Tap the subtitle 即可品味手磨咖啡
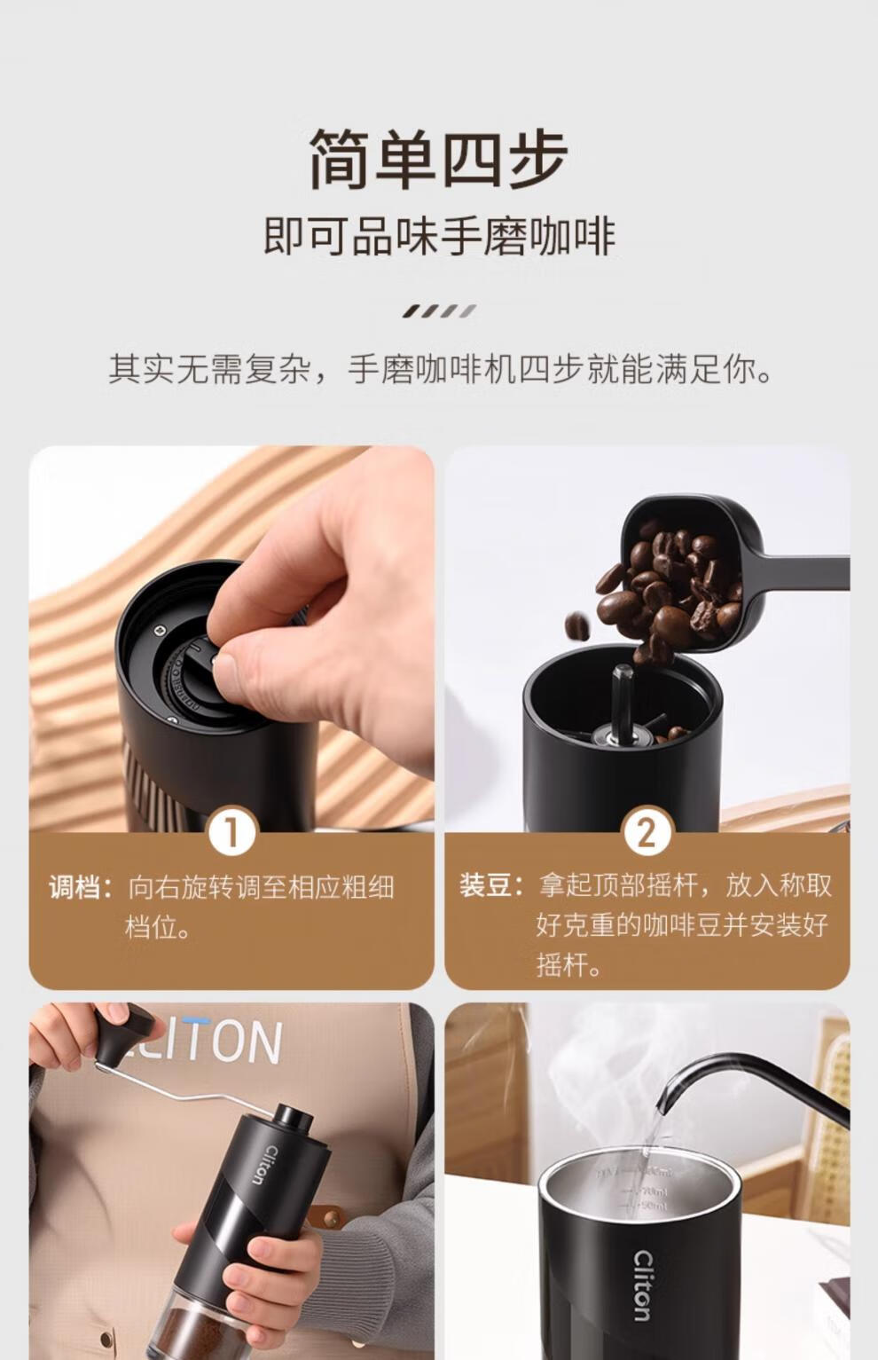click(x=439, y=238)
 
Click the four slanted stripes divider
click(x=439, y=311)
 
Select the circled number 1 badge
click(x=231, y=832)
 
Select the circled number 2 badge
click(x=647, y=832)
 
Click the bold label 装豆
click(x=490, y=886)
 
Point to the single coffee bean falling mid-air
click(x=577, y=625)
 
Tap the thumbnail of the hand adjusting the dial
click(x=231, y=638)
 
